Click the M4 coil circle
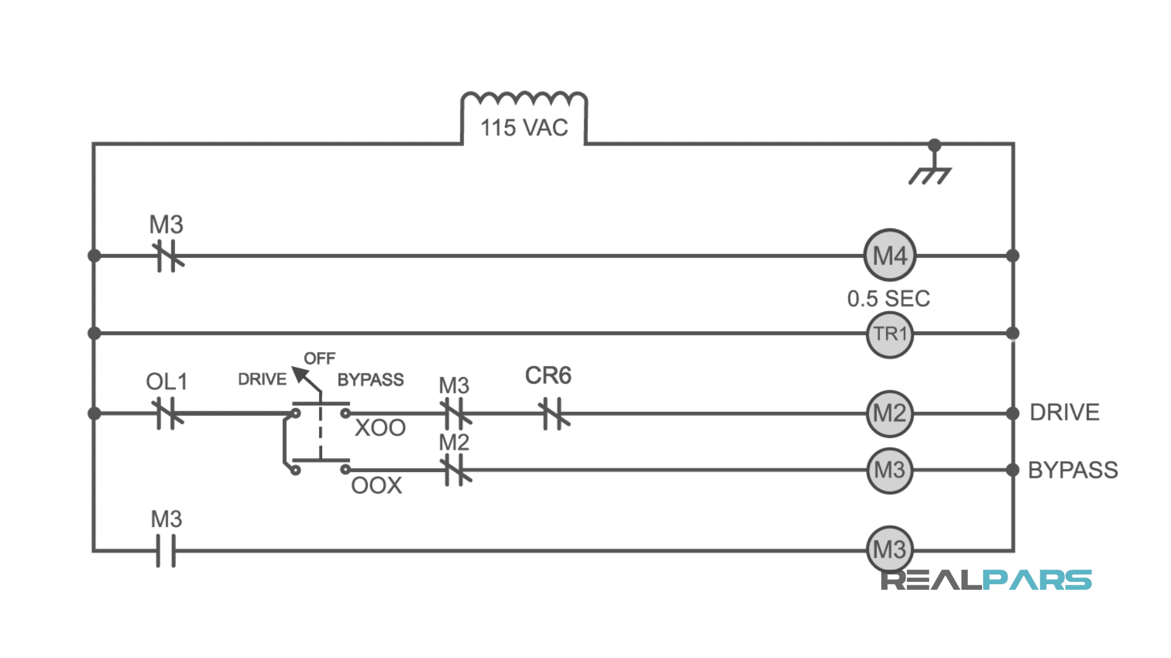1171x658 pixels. pyautogui.click(x=890, y=255)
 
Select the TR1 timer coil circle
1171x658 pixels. pyautogui.click(x=890, y=334)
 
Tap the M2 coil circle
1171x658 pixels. pyautogui.click(x=890, y=414)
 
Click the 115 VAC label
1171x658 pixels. pyautogui.click(x=524, y=128)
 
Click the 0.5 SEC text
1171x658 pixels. pyautogui.click(x=889, y=299)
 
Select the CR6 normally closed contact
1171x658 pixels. pyautogui.click(x=554, y=414)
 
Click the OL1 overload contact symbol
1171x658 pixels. pyautogui.click(x=167, y=414)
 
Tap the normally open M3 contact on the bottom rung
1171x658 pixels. pyautogui.click(x=165, y=550)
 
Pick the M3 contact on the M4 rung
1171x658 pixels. pyautogui.click(x=167, y=256)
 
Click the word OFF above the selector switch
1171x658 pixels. pyautogui.click(x=320, y=358)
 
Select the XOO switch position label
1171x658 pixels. pyautogui.click(x=380, y=428)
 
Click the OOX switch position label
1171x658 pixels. pyautogui.click(x=376, y=486)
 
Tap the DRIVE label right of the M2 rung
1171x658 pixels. pyautogui.click(x=1064, y=412)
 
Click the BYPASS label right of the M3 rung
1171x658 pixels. pyautogui.click(x=1073, y=470)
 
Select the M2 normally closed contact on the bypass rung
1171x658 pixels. pyautogui.click(x=456, y=470)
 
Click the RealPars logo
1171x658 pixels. pyautogui.click(x=986, y=580)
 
